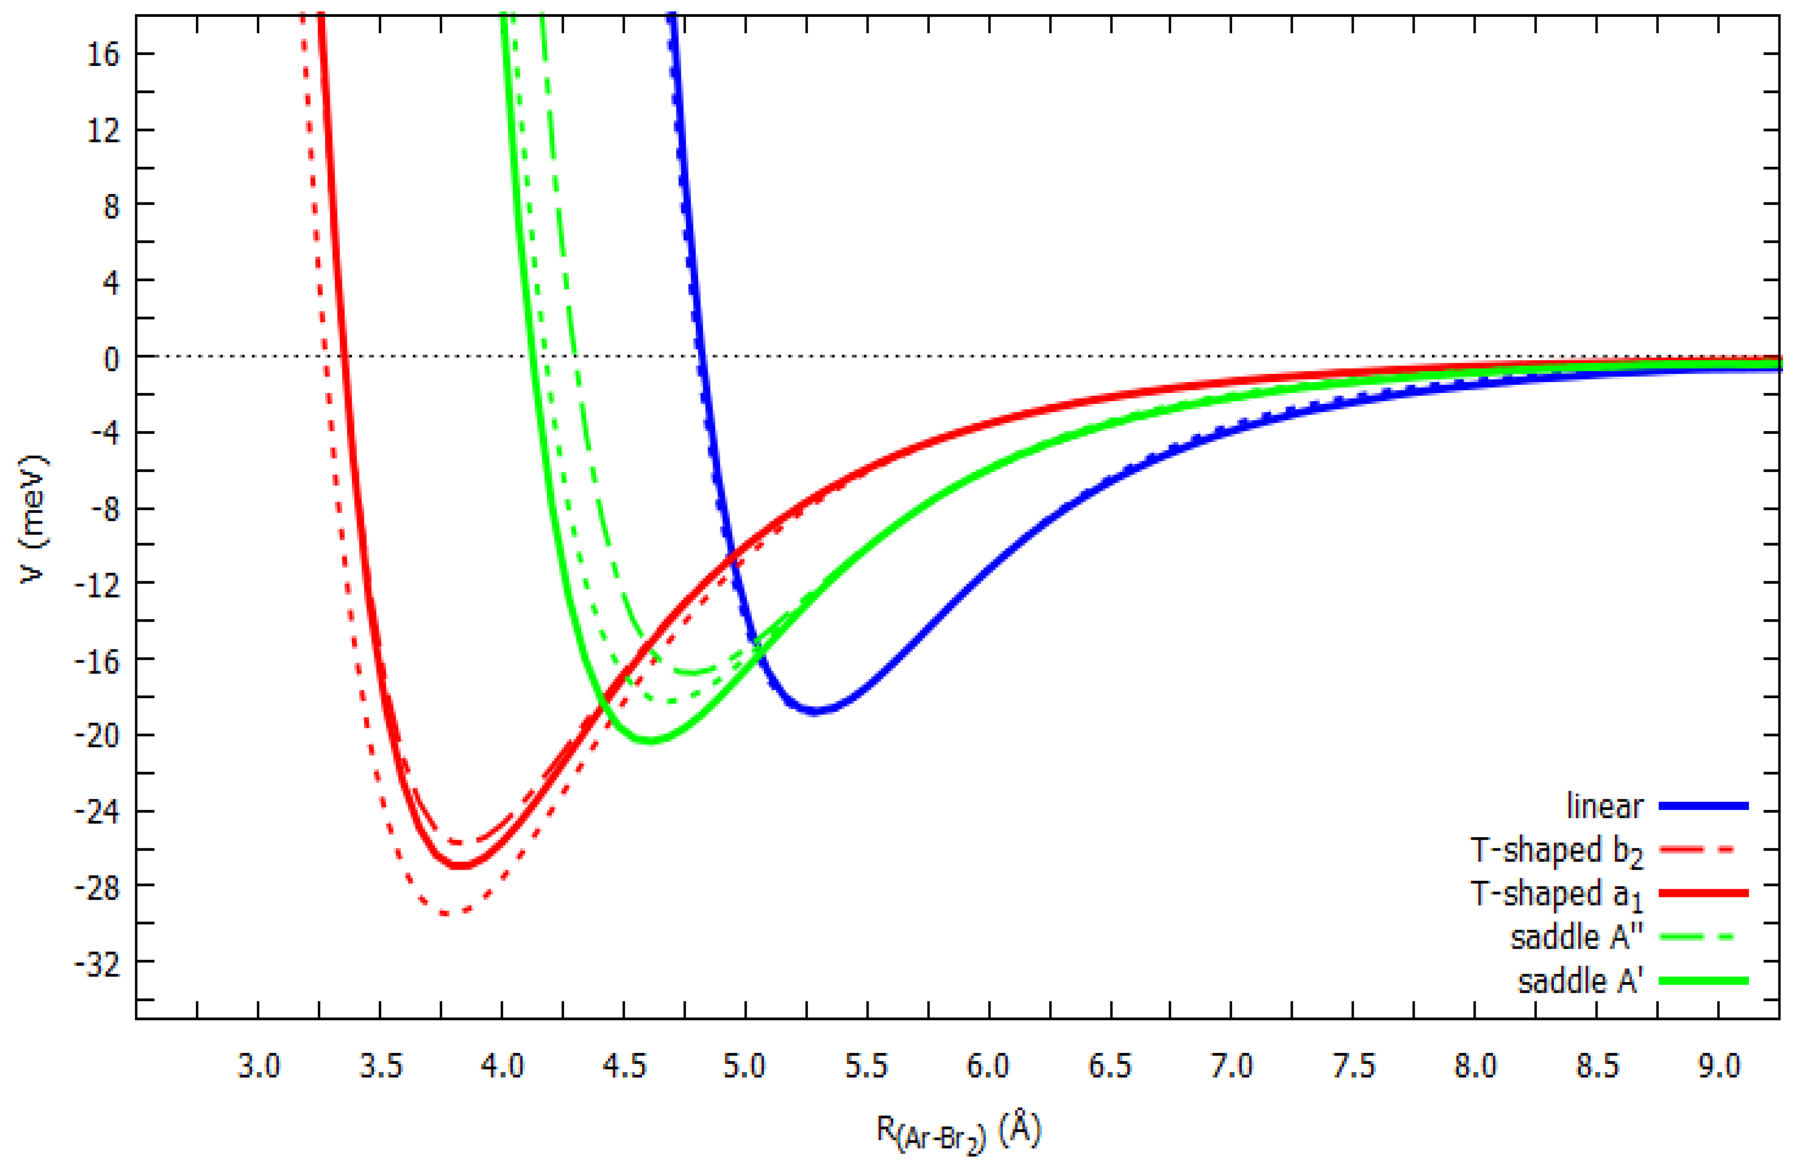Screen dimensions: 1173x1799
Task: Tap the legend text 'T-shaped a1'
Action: click(x=1556, y=894)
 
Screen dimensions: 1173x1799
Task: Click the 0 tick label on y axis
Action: click(x=112, y=357)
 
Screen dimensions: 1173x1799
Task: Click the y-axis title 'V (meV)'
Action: click(x=35, y=518)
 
